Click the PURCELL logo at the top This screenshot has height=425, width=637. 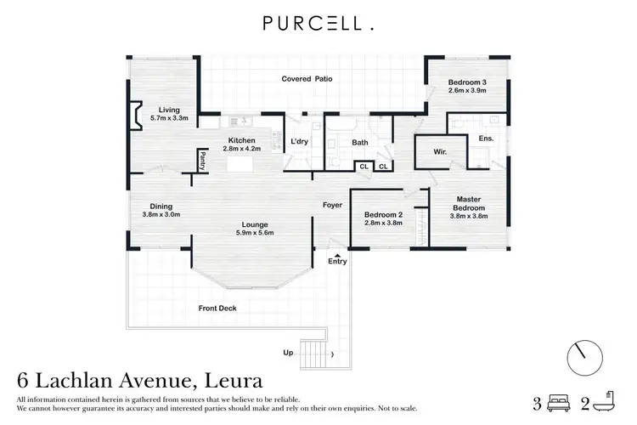point(318,25)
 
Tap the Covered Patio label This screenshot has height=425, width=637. point(307,79)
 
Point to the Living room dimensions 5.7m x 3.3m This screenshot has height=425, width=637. point(168,118)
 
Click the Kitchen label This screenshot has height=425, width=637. point(241,140)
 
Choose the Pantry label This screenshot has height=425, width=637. point(202,159)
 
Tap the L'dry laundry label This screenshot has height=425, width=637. point(299,141)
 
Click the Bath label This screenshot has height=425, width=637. point(359,142)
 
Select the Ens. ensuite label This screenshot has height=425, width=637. point(486,138)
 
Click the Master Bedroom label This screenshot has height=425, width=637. point(467,203)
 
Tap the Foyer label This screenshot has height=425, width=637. point(332,205)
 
